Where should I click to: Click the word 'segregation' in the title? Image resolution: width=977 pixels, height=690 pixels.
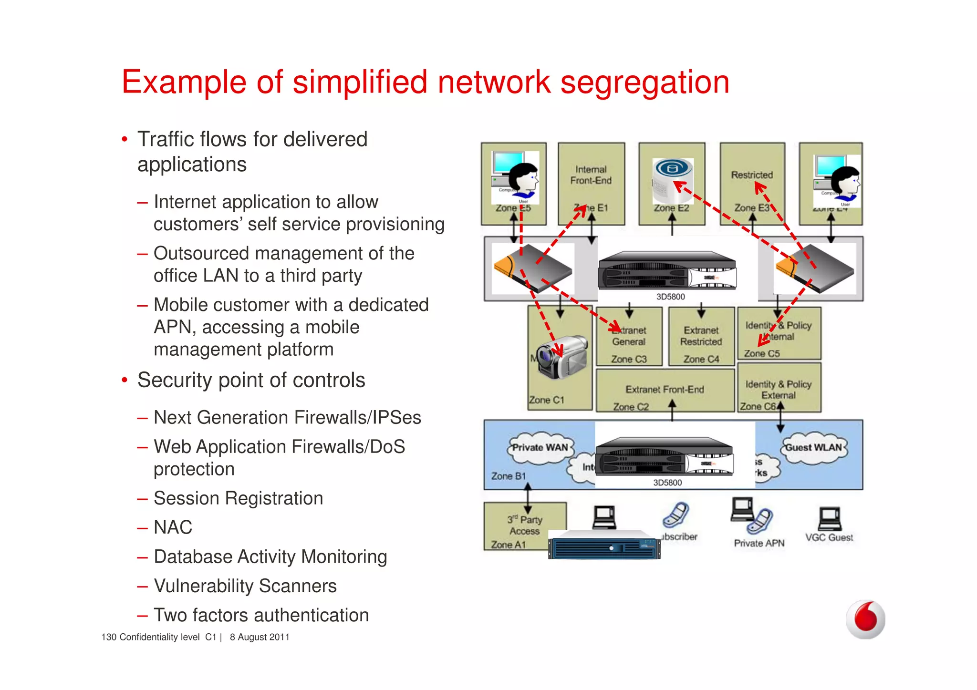[644, 82]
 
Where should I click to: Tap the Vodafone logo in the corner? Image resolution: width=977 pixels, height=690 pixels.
[865, 619]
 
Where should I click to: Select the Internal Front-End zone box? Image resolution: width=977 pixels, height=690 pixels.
[591, 183]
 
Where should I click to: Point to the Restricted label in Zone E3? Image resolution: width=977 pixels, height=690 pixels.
[751, 175]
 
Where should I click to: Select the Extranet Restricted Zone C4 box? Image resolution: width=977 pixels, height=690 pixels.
[701, 337]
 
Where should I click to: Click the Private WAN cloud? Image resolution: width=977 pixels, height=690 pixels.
[540, 448]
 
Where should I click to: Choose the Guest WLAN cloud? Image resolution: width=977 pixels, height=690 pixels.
[813, 448]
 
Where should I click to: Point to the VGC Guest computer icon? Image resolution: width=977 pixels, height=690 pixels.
[830, 519]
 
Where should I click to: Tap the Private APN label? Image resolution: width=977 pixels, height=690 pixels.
[759, 543]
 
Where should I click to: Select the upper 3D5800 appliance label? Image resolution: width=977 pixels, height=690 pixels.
[670, 297]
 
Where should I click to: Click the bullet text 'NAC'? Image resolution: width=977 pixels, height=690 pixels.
[173, 527]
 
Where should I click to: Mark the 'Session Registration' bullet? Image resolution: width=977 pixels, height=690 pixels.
[238, 498]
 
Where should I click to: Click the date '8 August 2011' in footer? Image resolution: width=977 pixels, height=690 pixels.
[260, 637]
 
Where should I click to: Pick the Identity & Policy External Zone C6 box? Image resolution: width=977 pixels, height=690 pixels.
[779, 388]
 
